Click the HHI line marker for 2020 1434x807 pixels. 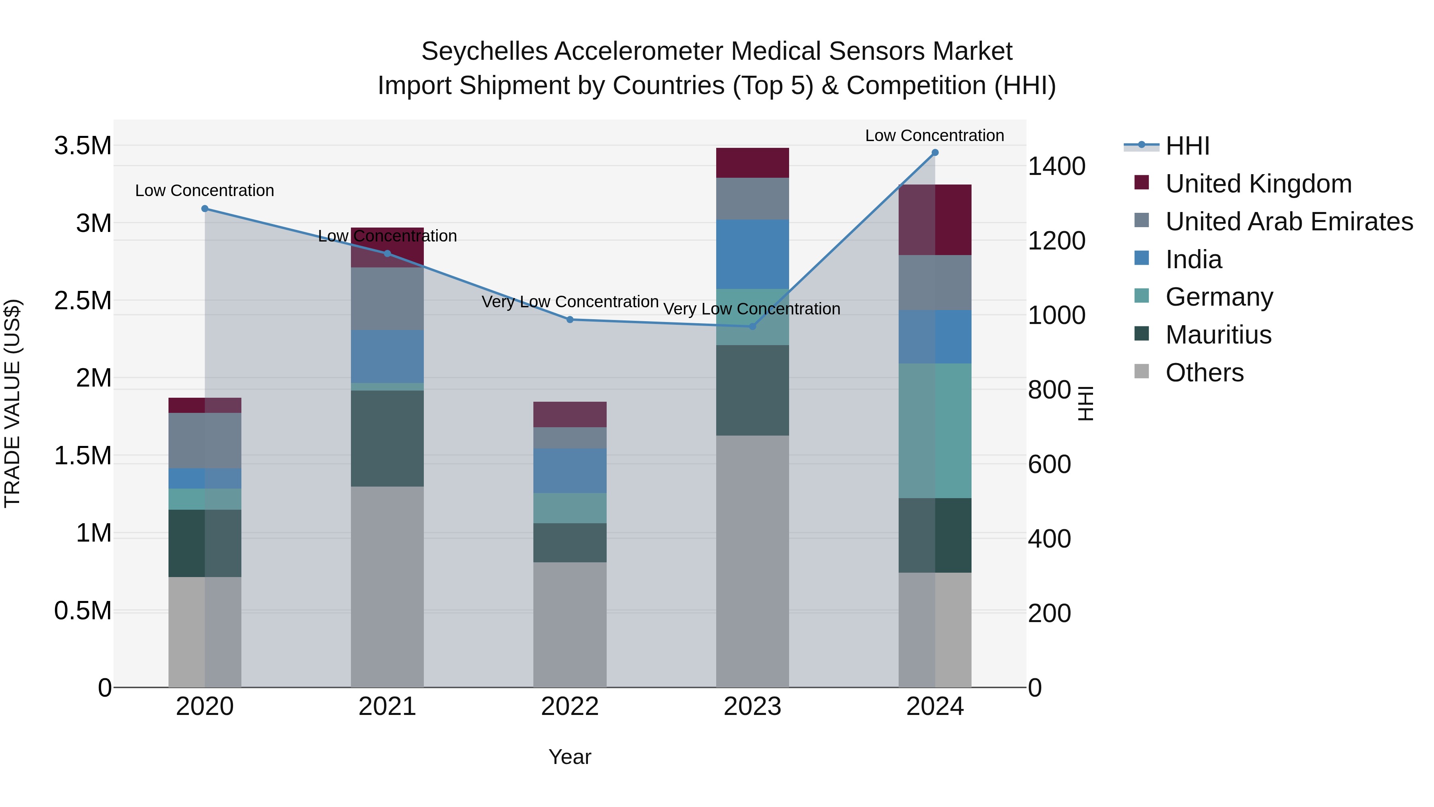coord(205,209)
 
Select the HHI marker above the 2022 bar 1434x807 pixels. coord(570,320)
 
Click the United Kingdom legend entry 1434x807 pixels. coord(1258,184)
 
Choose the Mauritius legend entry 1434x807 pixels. coord(1218,335)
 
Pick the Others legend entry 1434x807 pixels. coord(1204,373)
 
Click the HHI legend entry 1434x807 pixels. coord(1187,146)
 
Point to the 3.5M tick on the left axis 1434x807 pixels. coord(82,146)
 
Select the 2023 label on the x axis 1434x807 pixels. coord(752,707)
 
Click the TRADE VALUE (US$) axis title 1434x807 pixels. coord(12,403)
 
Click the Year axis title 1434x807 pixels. coord(570,757)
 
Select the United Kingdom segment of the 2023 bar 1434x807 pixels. coord(752,163)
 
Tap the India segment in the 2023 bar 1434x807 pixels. coord(752,254)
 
